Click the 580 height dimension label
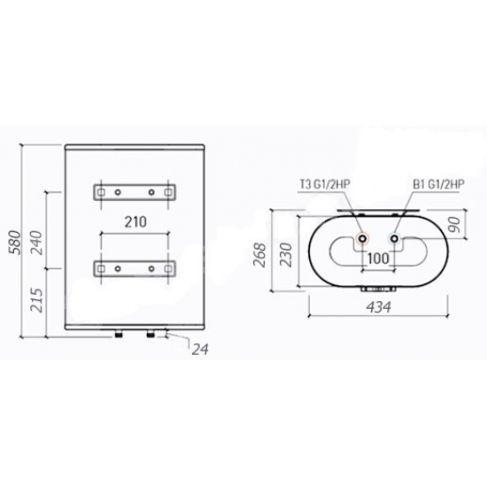[15, 243]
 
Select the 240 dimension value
[35, 243]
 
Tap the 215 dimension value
[35, 300]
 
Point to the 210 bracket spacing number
[135, 221]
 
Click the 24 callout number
[200, 349]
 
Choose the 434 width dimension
[379, 307]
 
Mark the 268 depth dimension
[259, 255]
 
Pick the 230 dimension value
[286, 255]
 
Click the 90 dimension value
[454, 225]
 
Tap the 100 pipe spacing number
[378, 258]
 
